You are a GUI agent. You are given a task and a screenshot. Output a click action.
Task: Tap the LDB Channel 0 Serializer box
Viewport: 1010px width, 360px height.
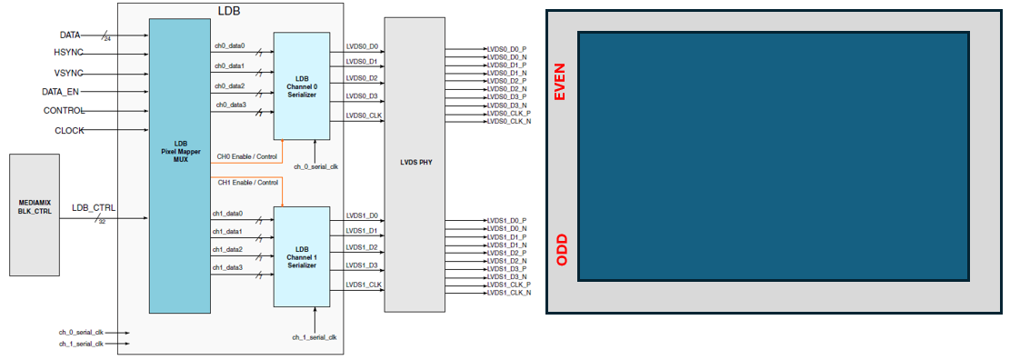(302, 86)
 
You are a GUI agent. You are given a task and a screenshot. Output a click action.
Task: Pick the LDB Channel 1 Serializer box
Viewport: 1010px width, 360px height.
(302, 256)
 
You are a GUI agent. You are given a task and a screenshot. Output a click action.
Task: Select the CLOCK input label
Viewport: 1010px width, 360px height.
(69, 130)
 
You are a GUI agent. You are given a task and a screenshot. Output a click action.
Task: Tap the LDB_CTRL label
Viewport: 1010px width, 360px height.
(94, 208)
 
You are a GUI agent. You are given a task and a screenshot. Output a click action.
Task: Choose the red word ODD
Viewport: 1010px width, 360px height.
(561, 250)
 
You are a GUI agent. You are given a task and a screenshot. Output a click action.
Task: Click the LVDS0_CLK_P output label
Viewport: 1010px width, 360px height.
(508, 114)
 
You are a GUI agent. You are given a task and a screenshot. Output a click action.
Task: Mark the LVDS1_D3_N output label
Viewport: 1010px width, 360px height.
(506, 276)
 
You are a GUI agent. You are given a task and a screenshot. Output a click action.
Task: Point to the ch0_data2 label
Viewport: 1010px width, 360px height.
(229, 86)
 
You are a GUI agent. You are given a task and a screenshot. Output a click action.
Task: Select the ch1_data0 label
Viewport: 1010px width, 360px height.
(228, 214)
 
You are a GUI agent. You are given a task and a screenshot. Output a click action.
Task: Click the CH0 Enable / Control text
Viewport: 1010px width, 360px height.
(247, 156)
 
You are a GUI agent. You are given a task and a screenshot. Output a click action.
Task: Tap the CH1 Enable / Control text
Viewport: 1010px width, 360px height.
(247, 183)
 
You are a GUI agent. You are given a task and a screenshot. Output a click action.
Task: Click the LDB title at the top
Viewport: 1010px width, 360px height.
(229, 10)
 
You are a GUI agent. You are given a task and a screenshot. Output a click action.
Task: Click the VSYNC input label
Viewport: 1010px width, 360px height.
(68, 72)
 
